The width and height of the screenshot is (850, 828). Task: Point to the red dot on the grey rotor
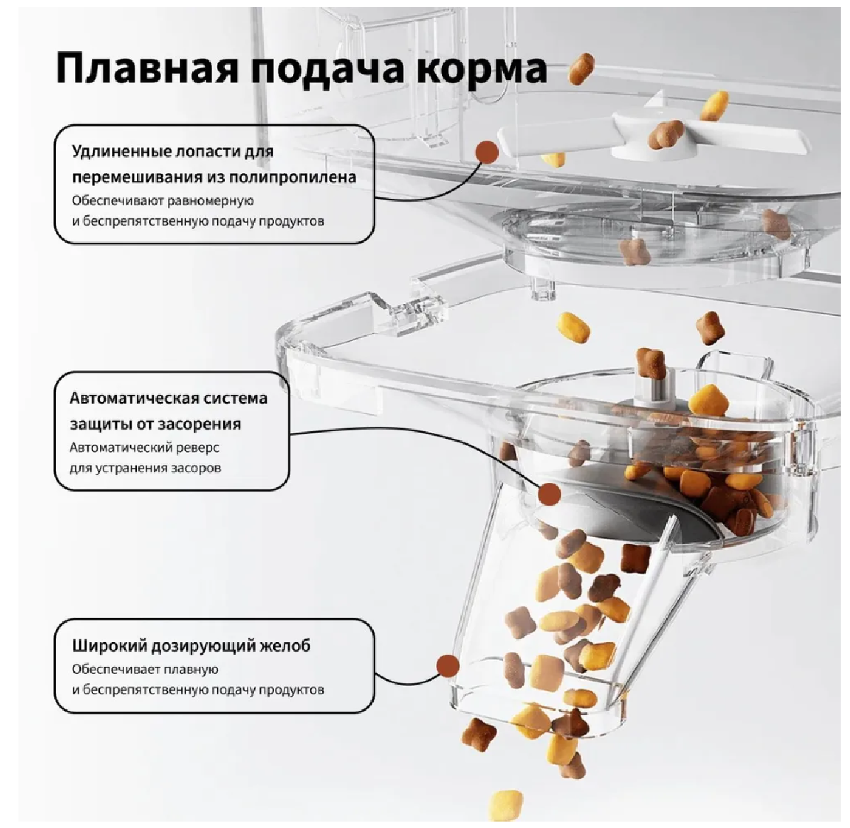tap(549, 494)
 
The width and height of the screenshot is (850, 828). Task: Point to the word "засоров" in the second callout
tap(196, 468)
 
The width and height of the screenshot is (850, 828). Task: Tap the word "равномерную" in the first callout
tap(213, 201)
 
